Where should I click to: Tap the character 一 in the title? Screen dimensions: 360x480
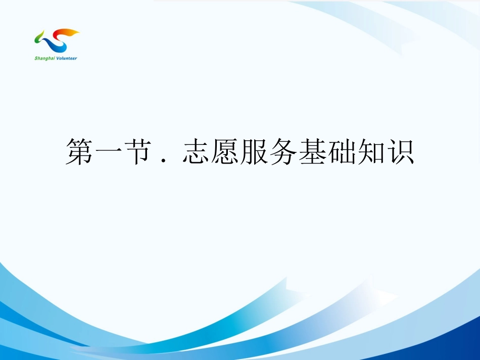point(109,151)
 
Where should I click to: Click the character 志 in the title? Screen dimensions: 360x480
point(197,151)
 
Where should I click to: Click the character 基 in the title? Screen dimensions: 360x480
point(313,151)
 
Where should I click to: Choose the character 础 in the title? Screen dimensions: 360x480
point(342,151)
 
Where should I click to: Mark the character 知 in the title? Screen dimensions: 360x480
point(371,151)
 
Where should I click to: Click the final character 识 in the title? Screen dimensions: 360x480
point(401,151)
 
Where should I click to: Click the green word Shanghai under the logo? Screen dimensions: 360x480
point(44,58)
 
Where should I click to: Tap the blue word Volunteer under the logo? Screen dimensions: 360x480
point(67,58)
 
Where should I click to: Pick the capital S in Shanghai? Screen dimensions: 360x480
point(36,58)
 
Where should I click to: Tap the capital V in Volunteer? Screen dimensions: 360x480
point(58,58)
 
